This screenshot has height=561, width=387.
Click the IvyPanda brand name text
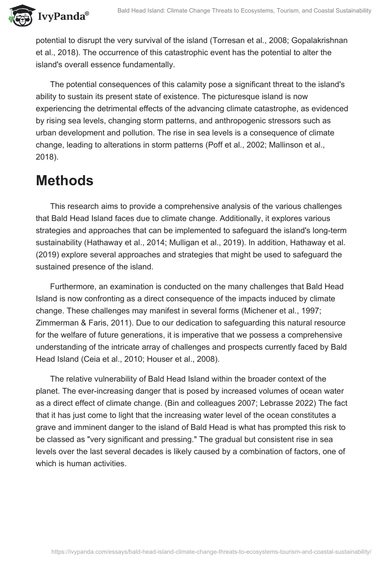tap(61, 17)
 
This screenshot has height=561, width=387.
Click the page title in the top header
tap(244, 11)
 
